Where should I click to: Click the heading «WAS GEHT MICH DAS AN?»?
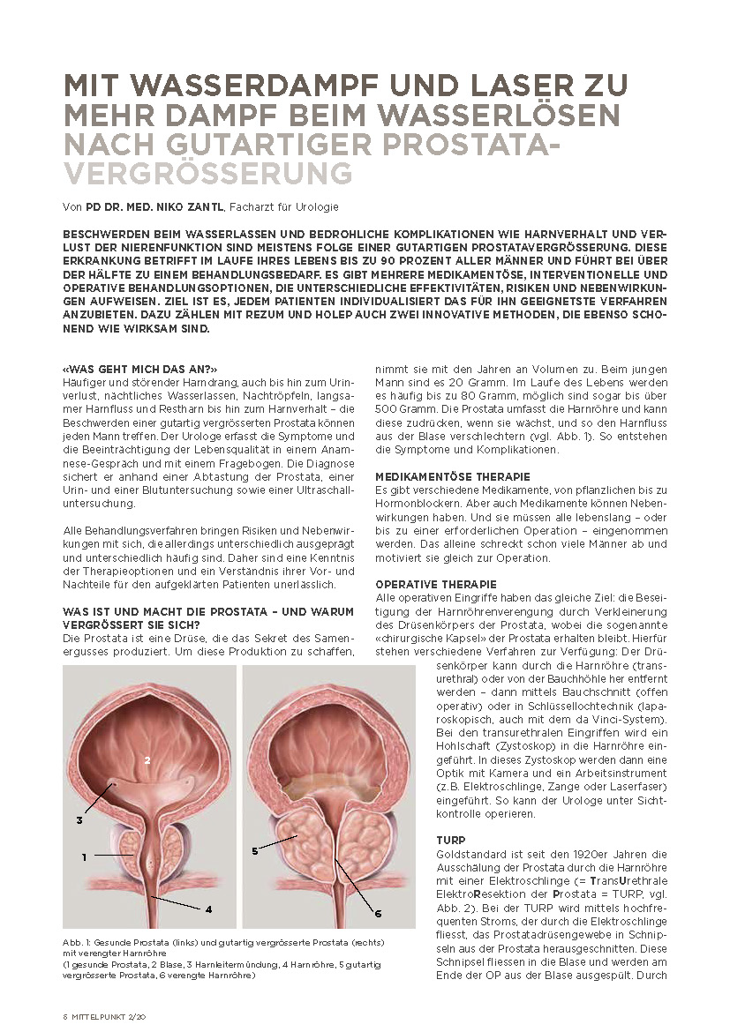point(139,368)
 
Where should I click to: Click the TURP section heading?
point(451,841)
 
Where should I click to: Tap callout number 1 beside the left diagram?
point(84,856)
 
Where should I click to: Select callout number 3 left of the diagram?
point(79,819)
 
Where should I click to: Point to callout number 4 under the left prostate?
point(209,908)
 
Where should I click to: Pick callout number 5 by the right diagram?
point(254,850)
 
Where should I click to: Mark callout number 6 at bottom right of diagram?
point(377,912)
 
